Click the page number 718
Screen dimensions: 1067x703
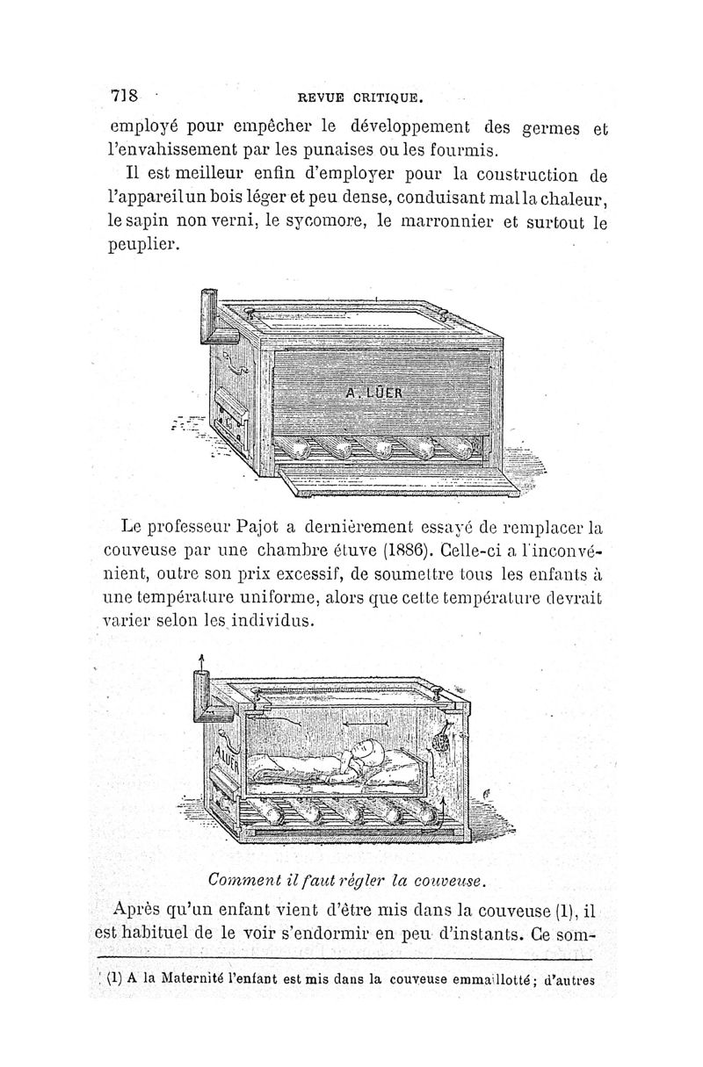click(125, 95)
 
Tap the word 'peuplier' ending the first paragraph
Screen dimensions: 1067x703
click(139, 246)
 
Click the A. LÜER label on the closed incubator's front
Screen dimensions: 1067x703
click(373, 393)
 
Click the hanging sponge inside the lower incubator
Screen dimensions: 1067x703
click(446, 738)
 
